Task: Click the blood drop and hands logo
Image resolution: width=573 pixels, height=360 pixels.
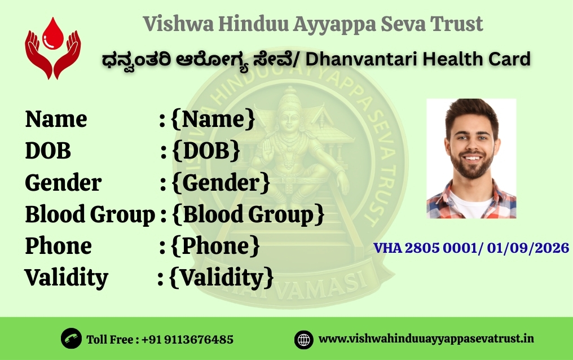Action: point(52,48)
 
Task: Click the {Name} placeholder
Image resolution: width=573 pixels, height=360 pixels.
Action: point(213,119)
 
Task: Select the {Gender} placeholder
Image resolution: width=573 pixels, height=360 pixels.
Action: point(220,182)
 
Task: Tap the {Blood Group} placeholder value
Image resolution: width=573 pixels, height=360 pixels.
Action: point(247,214)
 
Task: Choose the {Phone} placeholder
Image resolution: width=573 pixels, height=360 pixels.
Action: point(215,246)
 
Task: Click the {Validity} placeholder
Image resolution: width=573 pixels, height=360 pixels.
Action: point(222,278)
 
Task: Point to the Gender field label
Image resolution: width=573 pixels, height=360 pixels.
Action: point(63,182)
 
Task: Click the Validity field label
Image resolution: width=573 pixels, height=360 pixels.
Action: point(66,278)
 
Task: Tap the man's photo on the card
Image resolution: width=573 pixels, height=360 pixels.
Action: point(471,159)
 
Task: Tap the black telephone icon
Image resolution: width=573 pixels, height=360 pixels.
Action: point(71,339)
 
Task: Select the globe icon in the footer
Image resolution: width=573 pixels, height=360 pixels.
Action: point(304,339)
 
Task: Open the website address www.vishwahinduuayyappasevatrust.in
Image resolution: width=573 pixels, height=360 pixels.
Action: point(426,339)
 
